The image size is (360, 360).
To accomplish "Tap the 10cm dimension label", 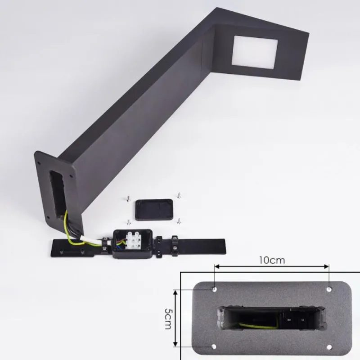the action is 272,261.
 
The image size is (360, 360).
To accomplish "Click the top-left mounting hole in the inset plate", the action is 215,289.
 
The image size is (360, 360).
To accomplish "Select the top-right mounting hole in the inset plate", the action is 329,289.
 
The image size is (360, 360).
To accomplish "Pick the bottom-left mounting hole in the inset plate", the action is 214,346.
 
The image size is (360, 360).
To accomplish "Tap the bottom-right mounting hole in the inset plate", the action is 329,347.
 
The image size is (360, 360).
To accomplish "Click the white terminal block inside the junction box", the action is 133,240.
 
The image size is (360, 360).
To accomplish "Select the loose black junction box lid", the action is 154,210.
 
